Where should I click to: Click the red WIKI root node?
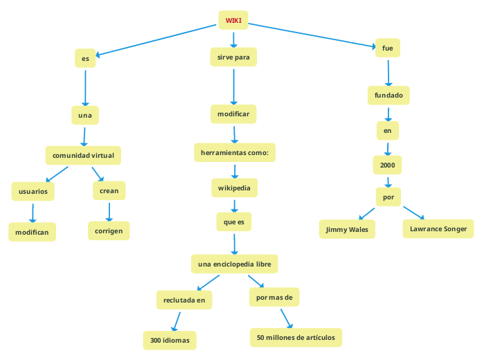(233, 20)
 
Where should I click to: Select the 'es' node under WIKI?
(85, 59)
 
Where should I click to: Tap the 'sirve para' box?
(233, 57)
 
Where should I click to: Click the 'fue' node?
(387, 48)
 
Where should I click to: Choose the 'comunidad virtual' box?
(83, 155)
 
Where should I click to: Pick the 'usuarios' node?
(33, 191)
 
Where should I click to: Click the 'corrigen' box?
(109, 231)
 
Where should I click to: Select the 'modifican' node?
(32, 232)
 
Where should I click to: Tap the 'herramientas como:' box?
(234, 152)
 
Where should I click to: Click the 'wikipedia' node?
(235, 188)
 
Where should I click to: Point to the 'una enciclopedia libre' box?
(234, 264)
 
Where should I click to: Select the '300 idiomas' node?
(170, 340)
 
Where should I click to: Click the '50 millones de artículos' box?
(296, 337)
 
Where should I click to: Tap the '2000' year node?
(388, 165)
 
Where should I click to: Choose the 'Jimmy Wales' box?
(347, 229)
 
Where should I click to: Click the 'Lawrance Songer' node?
(438, 228)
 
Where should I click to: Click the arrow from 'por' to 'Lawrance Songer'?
(413, 213)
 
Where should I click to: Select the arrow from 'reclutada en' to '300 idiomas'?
(176, 321)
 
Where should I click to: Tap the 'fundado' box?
(388, 95)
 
